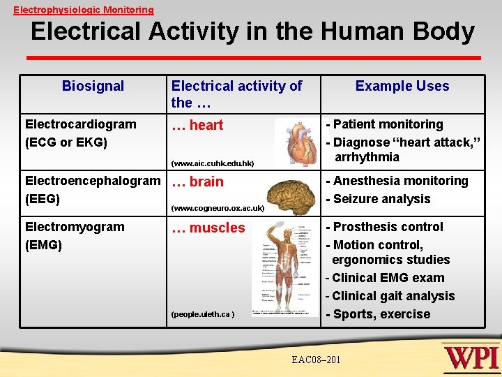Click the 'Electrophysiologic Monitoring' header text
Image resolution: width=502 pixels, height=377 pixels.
click(84, 10)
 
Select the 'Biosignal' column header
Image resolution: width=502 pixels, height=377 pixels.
click(93, 87)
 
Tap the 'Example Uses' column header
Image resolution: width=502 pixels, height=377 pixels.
click(402, 87)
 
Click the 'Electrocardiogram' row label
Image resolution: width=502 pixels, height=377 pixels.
click(80, 124)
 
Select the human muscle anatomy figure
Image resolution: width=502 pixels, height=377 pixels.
click(284, 269)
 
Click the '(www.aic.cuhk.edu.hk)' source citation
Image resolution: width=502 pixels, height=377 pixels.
click(213, 164)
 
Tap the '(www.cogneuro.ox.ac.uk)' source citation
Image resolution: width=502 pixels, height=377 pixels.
click(218, 208)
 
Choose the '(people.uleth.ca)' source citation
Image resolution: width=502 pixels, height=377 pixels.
click(203, 314)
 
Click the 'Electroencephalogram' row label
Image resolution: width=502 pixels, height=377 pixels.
click(92, 182)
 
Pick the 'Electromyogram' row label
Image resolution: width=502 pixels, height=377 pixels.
click(75, 227)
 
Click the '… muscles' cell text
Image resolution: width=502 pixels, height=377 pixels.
click(208, 228)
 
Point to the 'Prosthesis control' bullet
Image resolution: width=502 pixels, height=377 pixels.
click(388, 227)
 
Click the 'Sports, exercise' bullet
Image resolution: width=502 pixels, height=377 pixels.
click(381, 314)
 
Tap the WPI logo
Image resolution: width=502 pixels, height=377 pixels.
click(472, 357)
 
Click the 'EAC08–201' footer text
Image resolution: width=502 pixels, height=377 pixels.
click(318, 359)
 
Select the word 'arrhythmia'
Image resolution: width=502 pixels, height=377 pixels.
click(367, 157)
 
